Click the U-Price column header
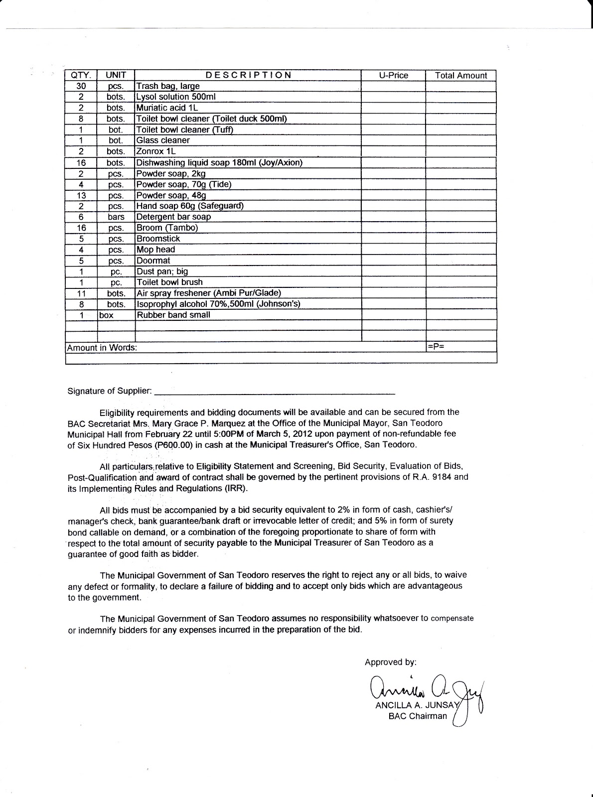pos(393,75)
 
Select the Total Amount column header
pos(461,75)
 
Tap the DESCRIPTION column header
pos(248,75)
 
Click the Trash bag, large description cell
pos(168,86)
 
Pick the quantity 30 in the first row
pos(81,86)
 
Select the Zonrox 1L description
pos(156,151)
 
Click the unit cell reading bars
pos(116,217)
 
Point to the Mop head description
pos(155,250)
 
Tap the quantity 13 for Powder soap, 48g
pos(81,195)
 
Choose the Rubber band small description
pos(173,315)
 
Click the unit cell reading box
pos(106,315)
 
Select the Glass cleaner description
pos(163,140)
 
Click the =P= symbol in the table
pos(436,347)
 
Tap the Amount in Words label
pos(102,348)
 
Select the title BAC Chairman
pos(418,716)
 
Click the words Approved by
pos(390,662)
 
